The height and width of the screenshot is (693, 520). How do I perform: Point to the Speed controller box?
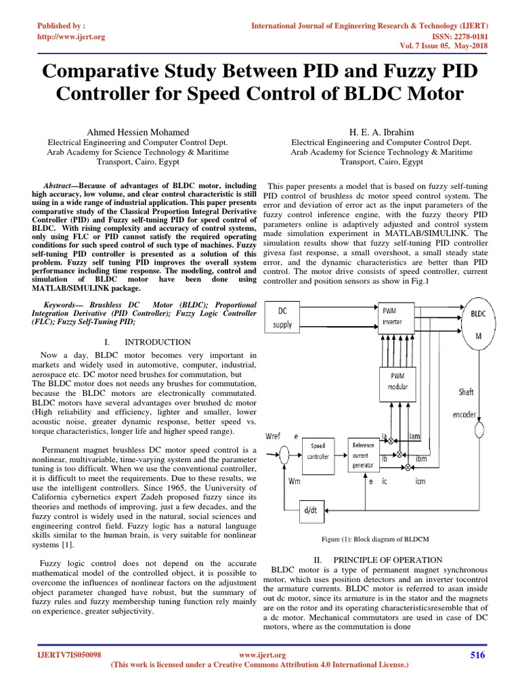[318, 451]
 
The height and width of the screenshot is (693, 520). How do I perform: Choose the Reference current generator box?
[366, 453]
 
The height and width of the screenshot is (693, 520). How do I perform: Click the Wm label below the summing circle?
[295, 481]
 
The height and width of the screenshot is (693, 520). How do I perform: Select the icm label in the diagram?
[420, 483]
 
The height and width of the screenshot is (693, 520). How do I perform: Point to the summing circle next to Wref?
[285, 453]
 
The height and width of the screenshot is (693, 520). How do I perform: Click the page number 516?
[477, 654]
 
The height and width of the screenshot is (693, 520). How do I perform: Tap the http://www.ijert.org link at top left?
[71, 37]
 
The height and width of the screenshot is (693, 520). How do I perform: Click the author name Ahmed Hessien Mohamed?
[137, 131]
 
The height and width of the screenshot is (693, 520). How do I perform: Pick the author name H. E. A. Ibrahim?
[381, 131]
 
